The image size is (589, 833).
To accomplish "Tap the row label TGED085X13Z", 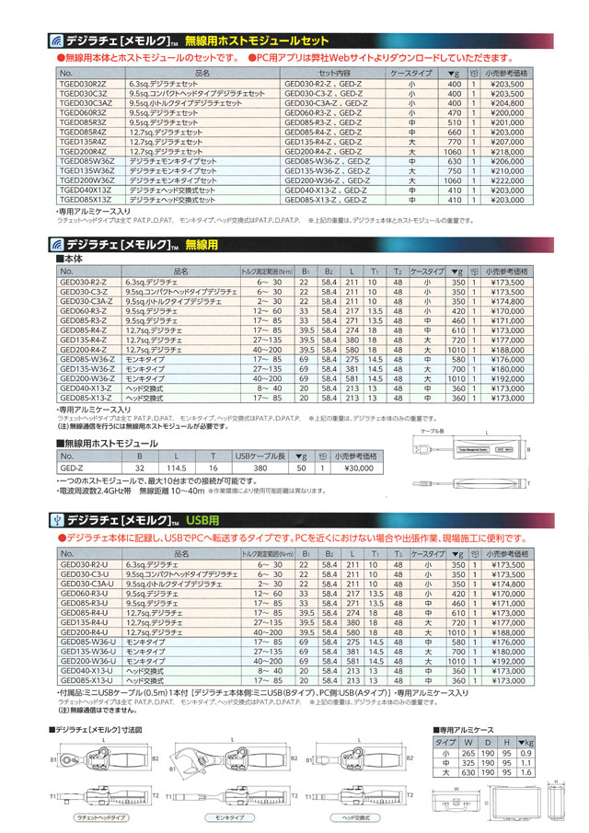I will pyautogui.click(x=86, y=200).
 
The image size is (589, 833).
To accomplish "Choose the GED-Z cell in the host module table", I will pyautogui.click(x=72, y=468).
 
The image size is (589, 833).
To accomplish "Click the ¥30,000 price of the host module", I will pyautogui.click(x=353, y=468).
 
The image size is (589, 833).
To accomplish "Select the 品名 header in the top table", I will pyautogui.click(x=203, y=72).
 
